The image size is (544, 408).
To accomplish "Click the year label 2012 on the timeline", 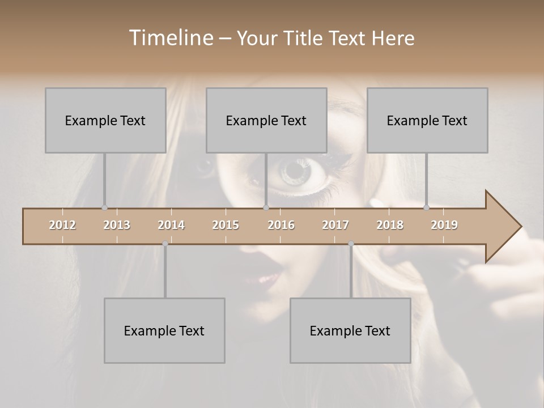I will [x=62, y=225].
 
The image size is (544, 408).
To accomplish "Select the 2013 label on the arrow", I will [x=117, y=225].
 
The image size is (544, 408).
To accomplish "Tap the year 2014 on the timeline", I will [x=171, y=225].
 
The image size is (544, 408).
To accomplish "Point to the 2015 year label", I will [x=226, y=225].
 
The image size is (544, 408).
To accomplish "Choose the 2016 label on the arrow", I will [x=281, y=225].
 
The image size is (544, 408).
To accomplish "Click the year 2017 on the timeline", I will [x=335, y=225].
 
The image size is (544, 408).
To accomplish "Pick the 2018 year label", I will [x=390, y=225].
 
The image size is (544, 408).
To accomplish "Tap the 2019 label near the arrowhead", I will [x=444, y=225].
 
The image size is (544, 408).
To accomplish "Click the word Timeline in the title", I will [x=170, y=38].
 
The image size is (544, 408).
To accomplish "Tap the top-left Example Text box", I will [x=105, y=120].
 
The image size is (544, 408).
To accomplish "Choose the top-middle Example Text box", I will [x=266, y=120].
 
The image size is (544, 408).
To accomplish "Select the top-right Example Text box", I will [x=427, y=120].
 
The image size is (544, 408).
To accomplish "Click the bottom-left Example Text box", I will [x=164, y=330].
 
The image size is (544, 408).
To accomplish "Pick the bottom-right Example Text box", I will [x=350, y=330].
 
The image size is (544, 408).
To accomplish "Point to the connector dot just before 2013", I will [x=104, y=207].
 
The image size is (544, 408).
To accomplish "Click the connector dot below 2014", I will [x=165, y=244].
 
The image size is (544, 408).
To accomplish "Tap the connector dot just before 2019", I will [x=426, y=207].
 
